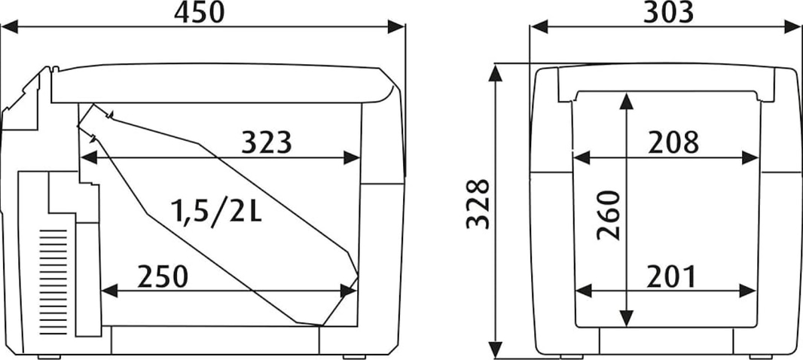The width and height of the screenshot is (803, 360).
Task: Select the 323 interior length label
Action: click(267, 142)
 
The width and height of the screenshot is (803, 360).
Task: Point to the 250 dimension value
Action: click(163, 276)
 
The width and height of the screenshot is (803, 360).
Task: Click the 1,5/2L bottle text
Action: click(217, 211)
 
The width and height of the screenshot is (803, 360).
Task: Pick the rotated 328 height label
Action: click(478, 204)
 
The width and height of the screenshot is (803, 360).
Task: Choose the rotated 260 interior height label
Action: click(609, 215)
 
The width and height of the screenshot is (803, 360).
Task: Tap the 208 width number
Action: click(673, 143)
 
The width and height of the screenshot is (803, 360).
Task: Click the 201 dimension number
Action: click(671, 277)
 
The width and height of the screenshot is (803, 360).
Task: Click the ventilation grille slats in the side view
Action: click(53, 282)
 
